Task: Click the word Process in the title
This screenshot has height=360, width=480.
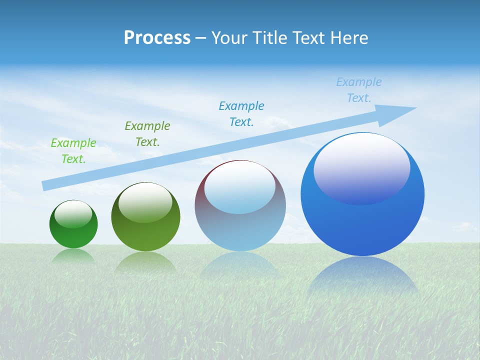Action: pos(157,38)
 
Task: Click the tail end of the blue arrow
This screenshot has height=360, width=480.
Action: pos(45,186)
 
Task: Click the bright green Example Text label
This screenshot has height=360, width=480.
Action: pos(73,151)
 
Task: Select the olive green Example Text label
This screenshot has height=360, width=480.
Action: pos(147,134)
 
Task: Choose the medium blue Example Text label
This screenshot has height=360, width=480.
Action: pos(241,114)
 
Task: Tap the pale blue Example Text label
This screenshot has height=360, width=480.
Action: pos(359,90)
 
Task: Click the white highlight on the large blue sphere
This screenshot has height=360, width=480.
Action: pos(362,167)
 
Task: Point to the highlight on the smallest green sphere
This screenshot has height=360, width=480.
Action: pos(73,213)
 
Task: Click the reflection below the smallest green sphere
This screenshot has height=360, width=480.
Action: pos(73,255)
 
